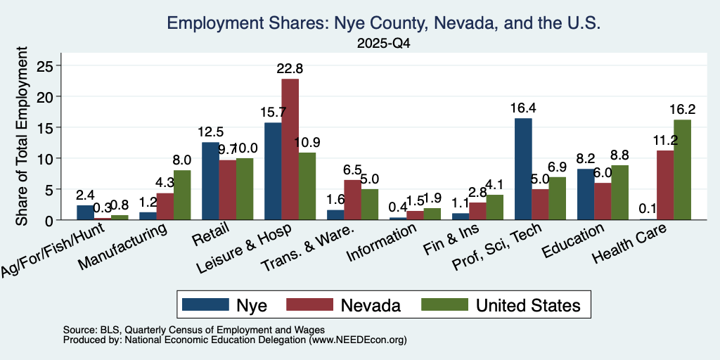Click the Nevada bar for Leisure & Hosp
click(x=290, y=149)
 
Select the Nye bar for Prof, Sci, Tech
click(x=523, y=169)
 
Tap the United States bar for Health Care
click(x=682, y=170)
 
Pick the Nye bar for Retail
click(x=210, y=181)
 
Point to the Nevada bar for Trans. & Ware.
click(x=353, y=200)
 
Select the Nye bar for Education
click(x=586, y=194)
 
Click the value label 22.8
click(x=290, y=69)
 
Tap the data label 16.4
click(x=523, y=108)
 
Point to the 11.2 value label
click(x=664, y=141)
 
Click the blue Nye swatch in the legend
click(x=205, y=304)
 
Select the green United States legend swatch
click(x=444, y=304)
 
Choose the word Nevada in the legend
click(x=371, y=305)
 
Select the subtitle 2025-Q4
click(x=384, y=44)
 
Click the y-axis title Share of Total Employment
click(x=22, y=136)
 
